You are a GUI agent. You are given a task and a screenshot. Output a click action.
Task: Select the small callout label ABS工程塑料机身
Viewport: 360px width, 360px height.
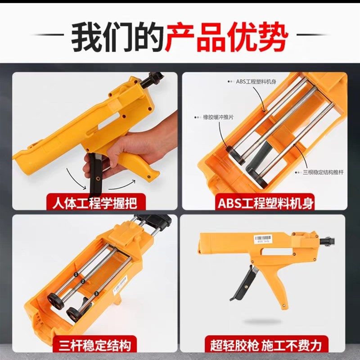pyautogui.click(x=255, y=81)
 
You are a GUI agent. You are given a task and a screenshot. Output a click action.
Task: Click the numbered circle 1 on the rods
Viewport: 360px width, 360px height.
pyautogui.click(x=76, y=274)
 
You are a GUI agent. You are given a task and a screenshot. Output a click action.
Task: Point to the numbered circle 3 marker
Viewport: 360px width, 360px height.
pyautogui.click(x=96, y=293)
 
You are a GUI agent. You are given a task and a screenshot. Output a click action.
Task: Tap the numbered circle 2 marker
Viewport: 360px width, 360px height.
pyautogui.click(x=83, y=282)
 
